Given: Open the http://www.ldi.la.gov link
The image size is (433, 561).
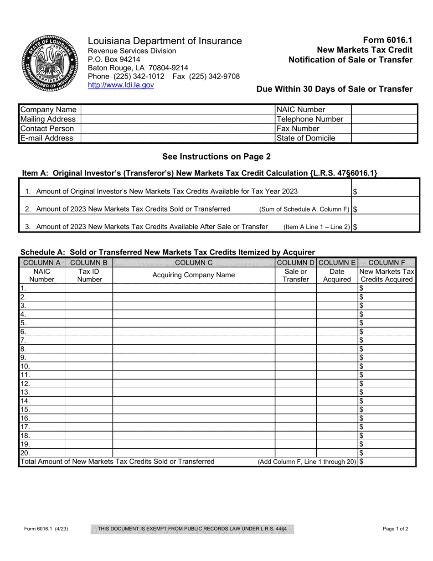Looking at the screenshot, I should (121, 85).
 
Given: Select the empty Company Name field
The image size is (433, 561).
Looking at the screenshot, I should (178, 109).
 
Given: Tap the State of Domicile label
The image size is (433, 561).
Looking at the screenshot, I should (306, 138).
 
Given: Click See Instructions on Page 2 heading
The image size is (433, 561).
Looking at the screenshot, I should (216, 156).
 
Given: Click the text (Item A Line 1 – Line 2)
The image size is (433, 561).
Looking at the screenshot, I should (317, 227).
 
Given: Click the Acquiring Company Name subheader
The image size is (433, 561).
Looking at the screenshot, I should (194, 275).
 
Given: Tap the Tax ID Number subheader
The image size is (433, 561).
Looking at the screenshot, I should (88, 275).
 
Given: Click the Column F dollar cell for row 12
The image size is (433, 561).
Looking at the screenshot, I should (387, 384).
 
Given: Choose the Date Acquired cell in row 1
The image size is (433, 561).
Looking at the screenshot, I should (337, 288).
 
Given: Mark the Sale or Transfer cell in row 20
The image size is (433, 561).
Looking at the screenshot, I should (295, 453).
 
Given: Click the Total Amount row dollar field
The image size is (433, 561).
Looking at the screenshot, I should (387, 462).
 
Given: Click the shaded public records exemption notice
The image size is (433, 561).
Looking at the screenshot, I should (192, 529).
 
